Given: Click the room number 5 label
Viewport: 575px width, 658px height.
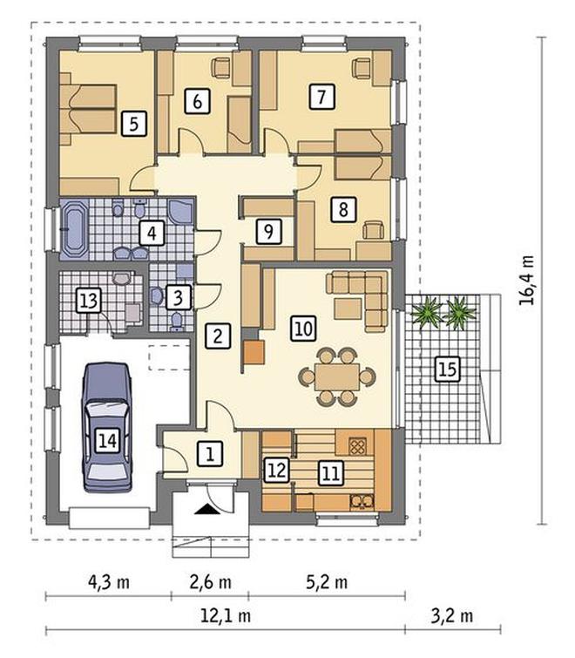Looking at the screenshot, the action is click(x=134, y=124).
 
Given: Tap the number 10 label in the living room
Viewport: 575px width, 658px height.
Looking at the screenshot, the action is click(x=304, y=328).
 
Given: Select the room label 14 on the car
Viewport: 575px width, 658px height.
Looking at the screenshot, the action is click(x=108, y=441).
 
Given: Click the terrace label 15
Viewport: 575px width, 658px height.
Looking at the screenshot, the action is click(x=447, y=370).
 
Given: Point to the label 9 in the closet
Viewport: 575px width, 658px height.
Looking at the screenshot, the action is click(x=269, y=231).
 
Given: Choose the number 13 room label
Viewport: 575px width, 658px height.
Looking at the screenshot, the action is click(x=89, y=300).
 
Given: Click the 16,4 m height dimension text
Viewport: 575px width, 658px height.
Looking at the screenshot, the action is click(x=527, y=280).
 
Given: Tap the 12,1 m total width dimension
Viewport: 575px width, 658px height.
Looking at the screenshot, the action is click(x=226, y=615).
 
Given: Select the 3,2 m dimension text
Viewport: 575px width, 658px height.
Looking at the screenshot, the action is click(x=452, y=615).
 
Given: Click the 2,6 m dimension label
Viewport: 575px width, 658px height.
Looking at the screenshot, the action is click(x=211, y=582).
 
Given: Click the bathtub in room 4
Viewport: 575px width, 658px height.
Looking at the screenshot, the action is click(x=74, y=229).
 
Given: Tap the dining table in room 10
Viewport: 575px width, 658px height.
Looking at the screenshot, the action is click(x=337, y=376).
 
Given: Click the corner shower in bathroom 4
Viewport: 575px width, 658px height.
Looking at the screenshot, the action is click(x=180, y=211).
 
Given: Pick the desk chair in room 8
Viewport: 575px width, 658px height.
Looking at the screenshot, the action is click(x=373, y=230).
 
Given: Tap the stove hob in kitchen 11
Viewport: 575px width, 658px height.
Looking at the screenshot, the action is click(x=357, y=446).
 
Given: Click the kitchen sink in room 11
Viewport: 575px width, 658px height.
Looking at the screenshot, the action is click(x=362, y=501).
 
